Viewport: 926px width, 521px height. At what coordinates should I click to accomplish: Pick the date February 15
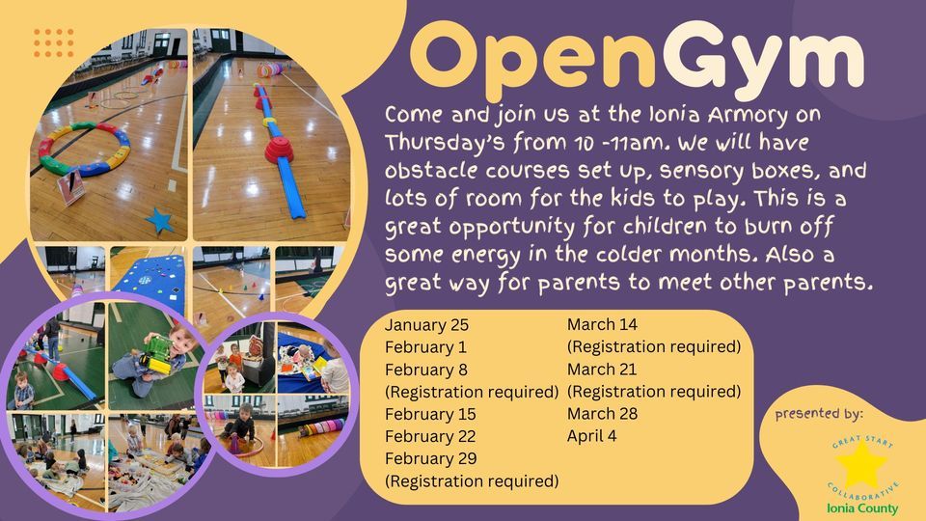(431, 414)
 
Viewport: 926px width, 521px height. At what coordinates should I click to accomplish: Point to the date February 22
(431, 436)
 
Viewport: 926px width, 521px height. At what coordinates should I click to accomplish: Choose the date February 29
(431, 458)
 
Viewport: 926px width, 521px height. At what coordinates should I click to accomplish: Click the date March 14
(602, 324)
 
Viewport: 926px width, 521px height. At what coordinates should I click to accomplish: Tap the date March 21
(602, 370)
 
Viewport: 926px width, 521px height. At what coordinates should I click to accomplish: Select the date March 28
(602, 414)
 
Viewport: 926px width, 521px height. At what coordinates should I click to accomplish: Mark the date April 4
(592, 436)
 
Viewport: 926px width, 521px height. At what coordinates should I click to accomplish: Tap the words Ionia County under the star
(862, 508)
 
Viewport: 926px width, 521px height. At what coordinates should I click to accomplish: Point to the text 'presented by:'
(818, 415)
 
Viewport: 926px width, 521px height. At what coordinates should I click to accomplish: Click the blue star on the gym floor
(159, 221)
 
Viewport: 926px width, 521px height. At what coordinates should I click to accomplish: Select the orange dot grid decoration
(53, 42)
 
